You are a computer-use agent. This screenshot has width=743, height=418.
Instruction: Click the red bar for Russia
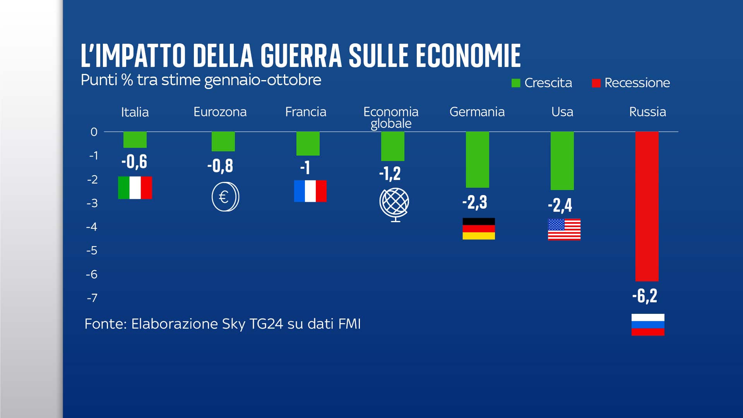647,206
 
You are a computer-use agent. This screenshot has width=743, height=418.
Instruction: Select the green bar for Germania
477,159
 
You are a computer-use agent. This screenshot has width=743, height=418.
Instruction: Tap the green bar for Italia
135,140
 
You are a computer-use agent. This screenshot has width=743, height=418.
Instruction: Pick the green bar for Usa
562,161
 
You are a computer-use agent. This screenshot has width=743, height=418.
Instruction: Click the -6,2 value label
645,296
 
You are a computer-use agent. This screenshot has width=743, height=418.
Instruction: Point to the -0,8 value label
220,166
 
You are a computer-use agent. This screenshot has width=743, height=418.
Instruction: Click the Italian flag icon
135,188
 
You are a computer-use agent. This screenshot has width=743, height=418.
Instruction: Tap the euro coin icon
225,197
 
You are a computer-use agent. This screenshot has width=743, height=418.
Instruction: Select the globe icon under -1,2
394,204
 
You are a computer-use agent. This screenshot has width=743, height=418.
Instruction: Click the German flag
479,229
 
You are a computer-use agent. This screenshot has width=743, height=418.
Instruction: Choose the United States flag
564,230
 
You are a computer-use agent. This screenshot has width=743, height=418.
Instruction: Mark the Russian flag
648,324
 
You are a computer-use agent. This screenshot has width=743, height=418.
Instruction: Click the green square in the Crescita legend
515,83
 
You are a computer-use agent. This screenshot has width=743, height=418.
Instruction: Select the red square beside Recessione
596,83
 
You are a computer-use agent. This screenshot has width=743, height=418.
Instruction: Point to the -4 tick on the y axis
92,227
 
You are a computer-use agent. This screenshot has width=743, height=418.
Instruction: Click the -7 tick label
92,298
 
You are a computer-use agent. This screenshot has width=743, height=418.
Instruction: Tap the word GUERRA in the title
301,56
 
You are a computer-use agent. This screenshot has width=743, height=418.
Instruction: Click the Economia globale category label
391,117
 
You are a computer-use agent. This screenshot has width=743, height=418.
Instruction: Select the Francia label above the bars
305,112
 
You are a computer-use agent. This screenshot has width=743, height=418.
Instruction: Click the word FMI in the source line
349,324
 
